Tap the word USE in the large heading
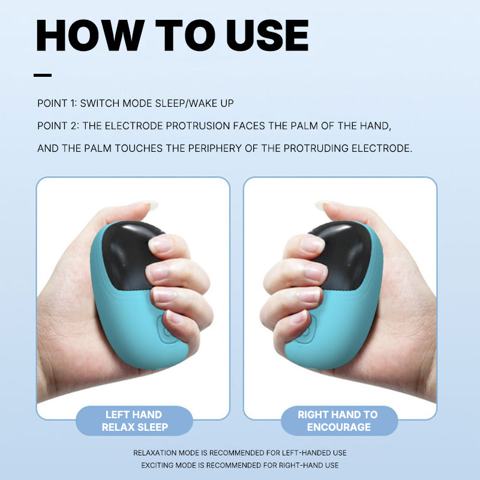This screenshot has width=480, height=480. point(267,35)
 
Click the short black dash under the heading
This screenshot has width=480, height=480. point(43,75)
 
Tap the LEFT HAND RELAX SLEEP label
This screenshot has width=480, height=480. point(134,421)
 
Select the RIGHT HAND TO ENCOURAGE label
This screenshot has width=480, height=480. point(339,421)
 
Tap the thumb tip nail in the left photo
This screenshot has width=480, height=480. point(151,205)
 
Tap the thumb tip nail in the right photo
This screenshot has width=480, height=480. point(322,205)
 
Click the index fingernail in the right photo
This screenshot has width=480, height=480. point(312,244)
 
